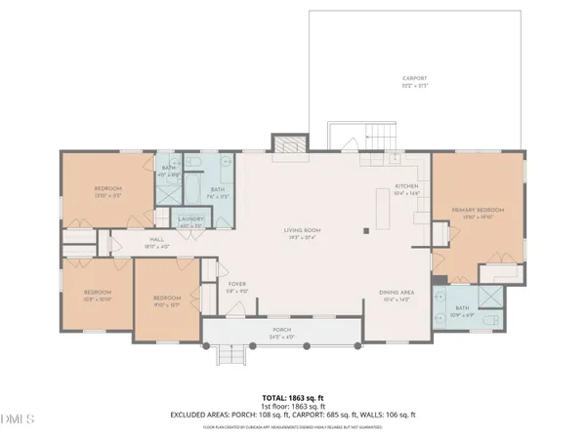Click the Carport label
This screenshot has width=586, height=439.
coord(415,80)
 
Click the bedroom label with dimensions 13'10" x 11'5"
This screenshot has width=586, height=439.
coord(107,190)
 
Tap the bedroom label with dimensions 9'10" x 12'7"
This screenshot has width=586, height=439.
coord(167,300)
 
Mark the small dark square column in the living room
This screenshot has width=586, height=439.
coord(367,231)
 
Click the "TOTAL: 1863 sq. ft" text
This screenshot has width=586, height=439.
coord(293,398)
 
